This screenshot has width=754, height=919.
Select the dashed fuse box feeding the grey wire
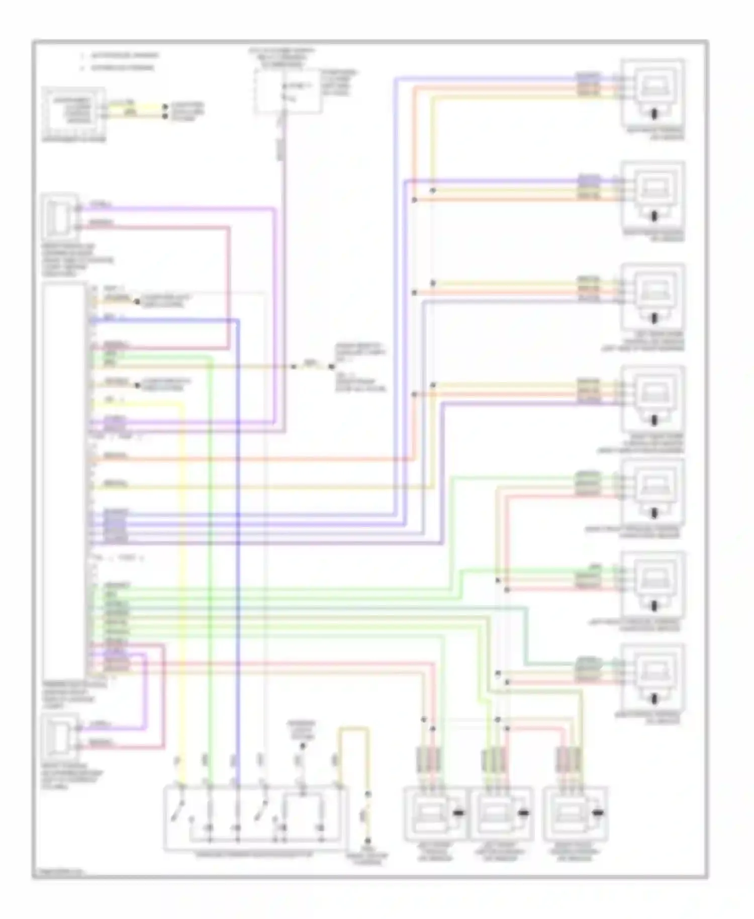coord(287,91)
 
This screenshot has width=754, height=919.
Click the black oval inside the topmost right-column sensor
coord(654,114)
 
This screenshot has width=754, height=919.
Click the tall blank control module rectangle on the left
coord(64,480)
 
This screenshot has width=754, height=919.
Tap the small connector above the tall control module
coord(60,217)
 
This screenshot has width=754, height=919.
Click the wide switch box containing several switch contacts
coord(255,818)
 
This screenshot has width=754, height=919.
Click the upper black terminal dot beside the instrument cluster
coord(165,107)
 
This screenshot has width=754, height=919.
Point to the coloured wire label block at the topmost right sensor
coord(588,84)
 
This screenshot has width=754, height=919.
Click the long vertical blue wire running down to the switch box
coord(238,553)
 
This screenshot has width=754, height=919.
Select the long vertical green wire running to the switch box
coord(210,553)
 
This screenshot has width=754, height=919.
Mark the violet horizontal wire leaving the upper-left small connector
coord(176,208)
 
